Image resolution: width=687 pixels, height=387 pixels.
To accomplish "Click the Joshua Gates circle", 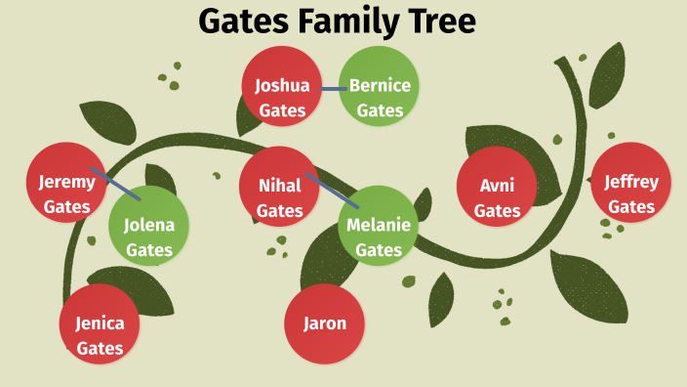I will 282,86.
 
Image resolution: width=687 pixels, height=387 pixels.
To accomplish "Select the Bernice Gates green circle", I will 380,86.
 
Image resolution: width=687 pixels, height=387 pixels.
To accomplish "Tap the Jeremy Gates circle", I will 66,182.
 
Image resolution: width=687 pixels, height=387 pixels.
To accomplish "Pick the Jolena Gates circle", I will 148,225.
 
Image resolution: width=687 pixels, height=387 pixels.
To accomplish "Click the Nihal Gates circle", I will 279,186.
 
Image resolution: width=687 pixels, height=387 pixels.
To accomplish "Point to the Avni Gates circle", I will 497,186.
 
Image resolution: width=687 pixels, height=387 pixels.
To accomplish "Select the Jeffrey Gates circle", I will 631,183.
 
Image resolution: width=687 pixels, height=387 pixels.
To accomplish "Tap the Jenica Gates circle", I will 100,323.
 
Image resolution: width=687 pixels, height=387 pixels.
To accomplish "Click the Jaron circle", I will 324,323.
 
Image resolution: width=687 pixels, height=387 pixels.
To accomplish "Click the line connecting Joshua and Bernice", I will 331,89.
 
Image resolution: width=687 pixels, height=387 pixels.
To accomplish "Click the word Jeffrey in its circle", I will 631,182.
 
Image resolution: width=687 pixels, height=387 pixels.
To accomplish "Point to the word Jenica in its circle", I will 100,323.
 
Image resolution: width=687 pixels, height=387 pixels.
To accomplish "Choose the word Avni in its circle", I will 497,186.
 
